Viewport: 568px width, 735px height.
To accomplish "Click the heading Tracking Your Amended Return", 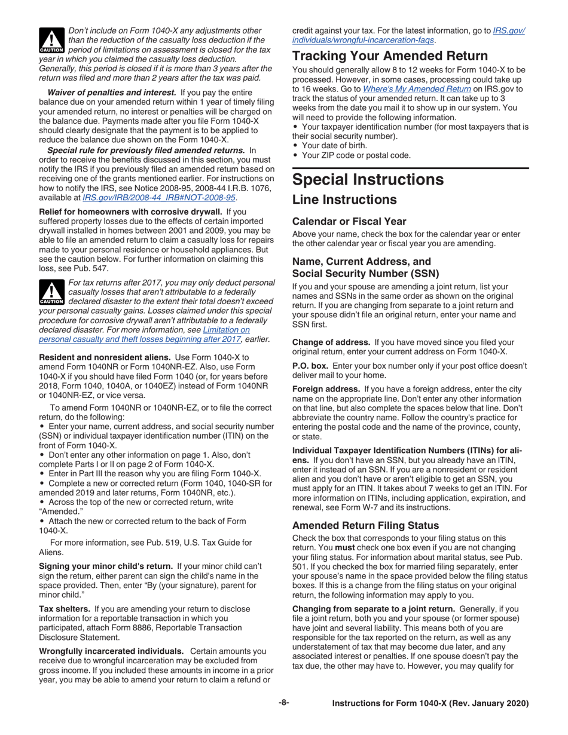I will pyautogui.click(x=390, y=56).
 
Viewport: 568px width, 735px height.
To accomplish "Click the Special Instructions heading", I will pyautogui.click(x=368, y=179).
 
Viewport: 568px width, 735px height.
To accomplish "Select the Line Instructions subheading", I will pyautogui.click(x=344, y=200).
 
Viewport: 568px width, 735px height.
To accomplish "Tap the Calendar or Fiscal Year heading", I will pyautogui.click(x=349, y=220).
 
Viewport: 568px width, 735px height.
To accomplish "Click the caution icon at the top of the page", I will pyautogui.click(x=51, y=39).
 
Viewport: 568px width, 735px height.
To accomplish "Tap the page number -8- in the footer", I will pyautogui.click(x=283, y=703).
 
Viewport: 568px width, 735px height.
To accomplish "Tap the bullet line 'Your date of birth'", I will pyautogui.click(x=335, y=145).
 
